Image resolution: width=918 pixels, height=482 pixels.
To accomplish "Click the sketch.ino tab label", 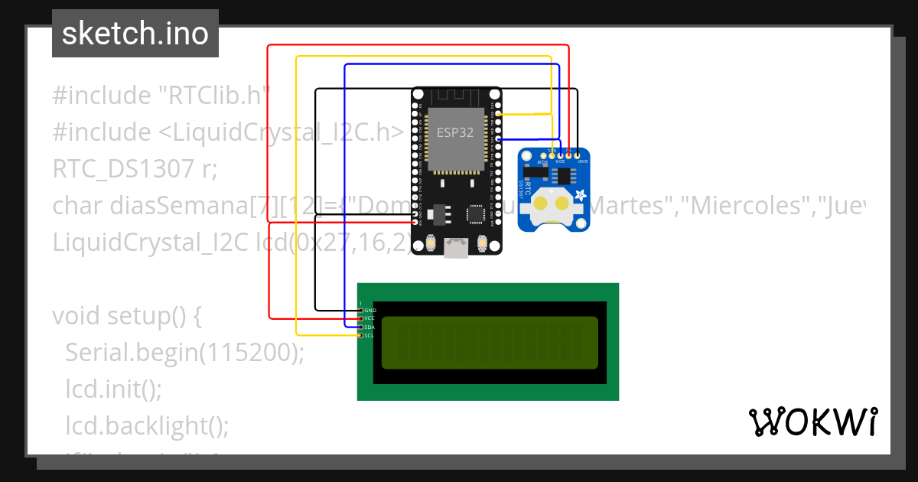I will (135, 34).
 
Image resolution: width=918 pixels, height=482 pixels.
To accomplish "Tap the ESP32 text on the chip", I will (454, 132).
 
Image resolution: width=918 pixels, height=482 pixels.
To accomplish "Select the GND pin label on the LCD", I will (370, 310).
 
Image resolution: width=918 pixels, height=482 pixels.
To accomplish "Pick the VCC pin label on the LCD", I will (370, 318).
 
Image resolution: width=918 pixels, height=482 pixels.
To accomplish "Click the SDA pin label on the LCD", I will (370, 327).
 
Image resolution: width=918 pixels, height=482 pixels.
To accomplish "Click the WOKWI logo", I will (812, 422).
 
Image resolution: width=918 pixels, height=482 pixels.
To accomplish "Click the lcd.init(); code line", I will (113, 389).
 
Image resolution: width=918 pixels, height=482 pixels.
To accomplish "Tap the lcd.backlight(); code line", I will (147, 425).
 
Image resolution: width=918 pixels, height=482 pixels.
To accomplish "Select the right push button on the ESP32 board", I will (483, 243).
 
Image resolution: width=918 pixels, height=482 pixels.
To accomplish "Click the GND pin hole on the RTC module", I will (578, 156).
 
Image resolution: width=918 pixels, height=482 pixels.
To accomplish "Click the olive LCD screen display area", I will (490, 342).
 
